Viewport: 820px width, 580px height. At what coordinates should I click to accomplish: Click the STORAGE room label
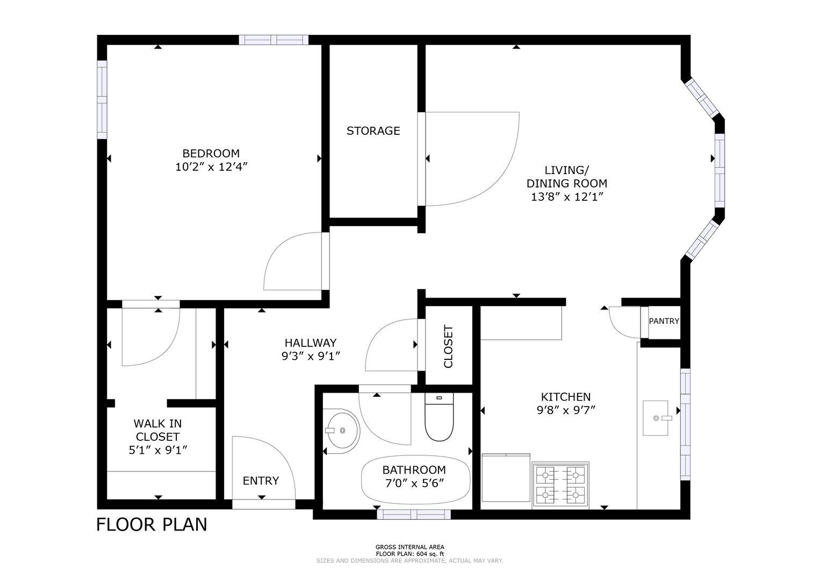(x=373, y=130)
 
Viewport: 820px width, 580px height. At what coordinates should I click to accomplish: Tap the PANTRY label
(x=664, y=321)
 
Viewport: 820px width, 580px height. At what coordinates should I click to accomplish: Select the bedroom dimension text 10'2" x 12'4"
(x=212, y=167)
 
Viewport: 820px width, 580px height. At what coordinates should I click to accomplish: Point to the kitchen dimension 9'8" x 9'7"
(x=566, y=411)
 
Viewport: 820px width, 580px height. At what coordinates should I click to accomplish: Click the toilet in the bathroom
(x=439, y=417)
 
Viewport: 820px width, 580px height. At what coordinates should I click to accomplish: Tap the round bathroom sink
(x=342, y=431)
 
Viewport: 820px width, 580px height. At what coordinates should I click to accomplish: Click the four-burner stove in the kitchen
(x=560, y=485)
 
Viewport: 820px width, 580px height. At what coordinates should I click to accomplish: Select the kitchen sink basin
(x=656, y=418)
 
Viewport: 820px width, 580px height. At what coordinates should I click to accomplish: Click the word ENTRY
(x=261, y=481)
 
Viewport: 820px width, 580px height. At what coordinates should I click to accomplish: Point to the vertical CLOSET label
(x=448, y=346)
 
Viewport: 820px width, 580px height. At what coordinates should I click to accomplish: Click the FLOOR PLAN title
(x=152, y=524)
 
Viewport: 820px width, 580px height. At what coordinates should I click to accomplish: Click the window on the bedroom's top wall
(x=274, y=40)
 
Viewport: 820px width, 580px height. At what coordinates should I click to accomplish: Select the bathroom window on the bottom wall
(x=414, y=514)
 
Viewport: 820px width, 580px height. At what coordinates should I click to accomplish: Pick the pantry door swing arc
(x=618, y=328)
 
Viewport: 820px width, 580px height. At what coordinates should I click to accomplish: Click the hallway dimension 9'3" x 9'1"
(x=311, y=356)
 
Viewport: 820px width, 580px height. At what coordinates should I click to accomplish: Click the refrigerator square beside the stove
(x=506, y=477)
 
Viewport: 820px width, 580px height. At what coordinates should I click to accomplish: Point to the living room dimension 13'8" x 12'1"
(x=567, y=197)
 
